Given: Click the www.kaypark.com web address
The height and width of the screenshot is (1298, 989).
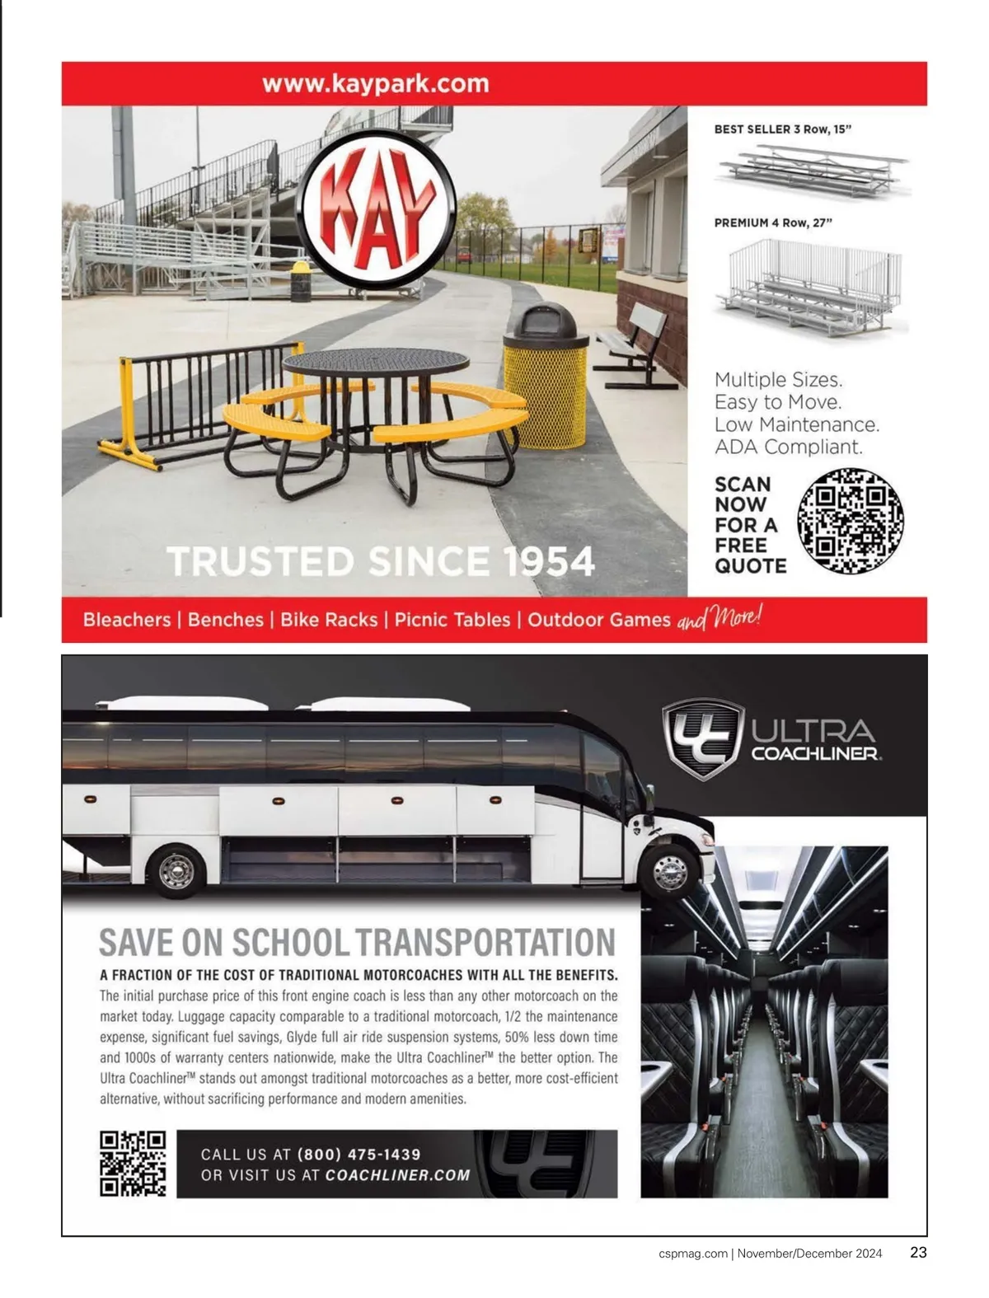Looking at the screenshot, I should pyautogui.click(x=375, y=83).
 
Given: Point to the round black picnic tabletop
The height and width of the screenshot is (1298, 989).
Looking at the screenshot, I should pyautogui.click(x=375, y=363).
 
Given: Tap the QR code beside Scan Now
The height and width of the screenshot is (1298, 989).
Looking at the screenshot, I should pyautogui.click(x=851, y=521).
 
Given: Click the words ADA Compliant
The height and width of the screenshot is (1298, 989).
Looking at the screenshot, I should pyautogui.click(x=788, y=447).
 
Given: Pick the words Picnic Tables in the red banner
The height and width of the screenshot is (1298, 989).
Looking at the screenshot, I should pyautogui.click(x=452, y=620).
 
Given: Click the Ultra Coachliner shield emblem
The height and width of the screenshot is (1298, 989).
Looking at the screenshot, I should pyautogui.click(x=703, y=738).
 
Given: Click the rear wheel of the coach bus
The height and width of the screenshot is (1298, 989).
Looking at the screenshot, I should pyautogui.click(x=176, y=870).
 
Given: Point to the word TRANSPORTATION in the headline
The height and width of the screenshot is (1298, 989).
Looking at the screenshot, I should pyautogui.click(x=486, y=942).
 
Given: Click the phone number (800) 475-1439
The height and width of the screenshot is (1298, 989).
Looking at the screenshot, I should pyautogui.click(x=359, y=1155).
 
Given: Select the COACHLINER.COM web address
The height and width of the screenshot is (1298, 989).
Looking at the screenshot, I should pyautogui.click(x=397, y=1175).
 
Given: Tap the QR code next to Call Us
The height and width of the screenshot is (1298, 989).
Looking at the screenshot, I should pyautogui.click(x=133, y=1163).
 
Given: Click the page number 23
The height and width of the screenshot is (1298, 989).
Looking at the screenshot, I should pyautogui.click(x=918, y=1253).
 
